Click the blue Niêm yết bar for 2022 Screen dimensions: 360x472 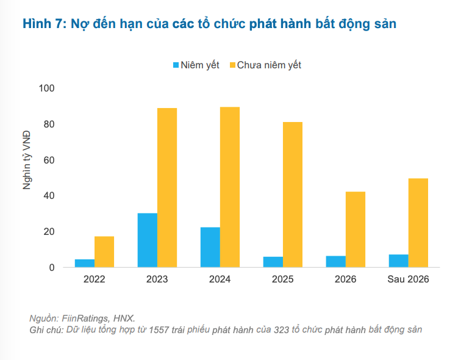(x=85, y=263)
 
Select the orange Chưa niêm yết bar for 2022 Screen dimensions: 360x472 (x=104, y=252)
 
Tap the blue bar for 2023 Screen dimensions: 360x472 (x=148, y=240)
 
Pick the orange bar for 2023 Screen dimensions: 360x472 (x=167, y=188)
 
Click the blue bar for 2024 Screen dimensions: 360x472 (x=210, y=247)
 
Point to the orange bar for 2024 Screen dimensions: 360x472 (x=230, y=187)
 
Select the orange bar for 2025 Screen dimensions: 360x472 (x=293, y=195)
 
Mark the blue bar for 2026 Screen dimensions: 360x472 (x=336, y=262)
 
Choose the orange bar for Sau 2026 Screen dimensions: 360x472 (x=418, y=223)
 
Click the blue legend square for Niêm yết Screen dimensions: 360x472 (x=176, y=65)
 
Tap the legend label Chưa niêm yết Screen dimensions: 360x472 (x=269, y=65)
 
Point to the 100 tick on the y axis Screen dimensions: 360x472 (x=47, y=88)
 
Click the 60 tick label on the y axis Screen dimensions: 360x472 (x=49, y=160)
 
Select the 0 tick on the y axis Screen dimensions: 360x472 (x=52, y=268)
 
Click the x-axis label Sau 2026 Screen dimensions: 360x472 (x=409, y=279)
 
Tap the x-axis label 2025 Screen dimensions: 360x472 (x=283, y=279)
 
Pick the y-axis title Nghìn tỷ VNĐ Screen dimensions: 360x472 (x=27, y=160)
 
